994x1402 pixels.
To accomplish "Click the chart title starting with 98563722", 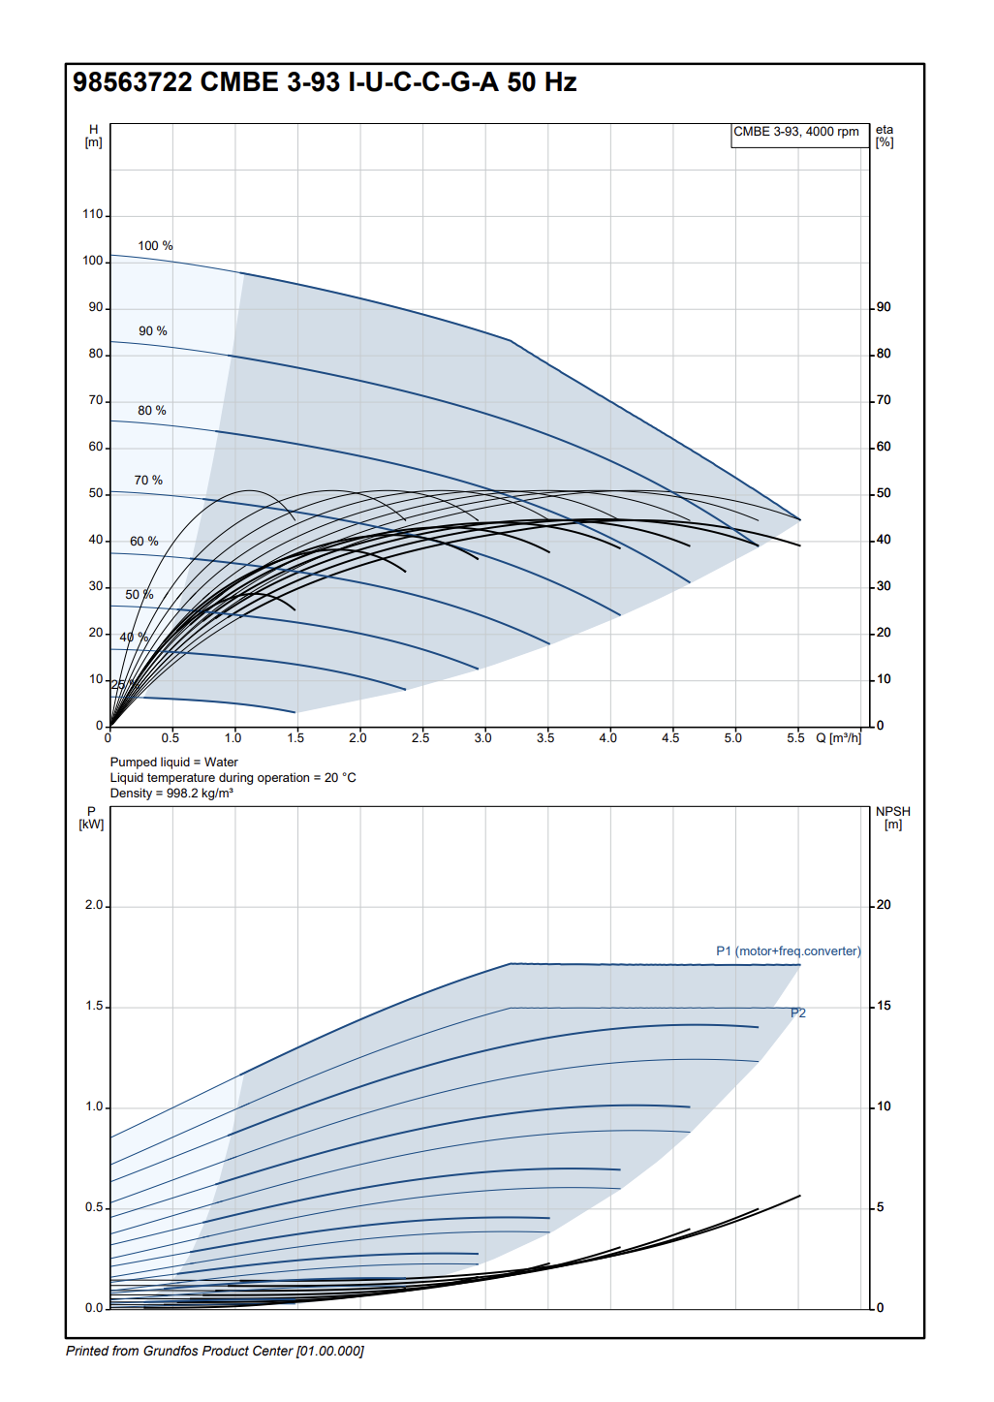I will coord(325,82).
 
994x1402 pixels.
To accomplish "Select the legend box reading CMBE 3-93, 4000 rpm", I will coord(795,133).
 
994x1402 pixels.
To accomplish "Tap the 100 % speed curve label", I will coord(155,246).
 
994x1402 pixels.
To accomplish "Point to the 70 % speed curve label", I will coord(148,481).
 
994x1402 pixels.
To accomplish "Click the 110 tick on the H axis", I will coord(93,215).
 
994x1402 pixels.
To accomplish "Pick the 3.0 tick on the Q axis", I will coord(482,738).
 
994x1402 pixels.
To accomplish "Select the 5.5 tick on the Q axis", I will coord(795,738).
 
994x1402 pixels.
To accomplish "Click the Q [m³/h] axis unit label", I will coord(839,738).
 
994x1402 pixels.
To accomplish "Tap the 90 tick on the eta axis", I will coord(884,308).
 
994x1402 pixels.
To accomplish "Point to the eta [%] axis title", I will coord(885,136).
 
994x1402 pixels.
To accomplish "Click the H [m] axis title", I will coord(93,136).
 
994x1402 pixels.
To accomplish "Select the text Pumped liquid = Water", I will coord(174,763).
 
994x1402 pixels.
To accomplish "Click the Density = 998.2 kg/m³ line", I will coord(171,794).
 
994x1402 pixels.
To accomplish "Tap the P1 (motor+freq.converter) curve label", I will coord(788,951).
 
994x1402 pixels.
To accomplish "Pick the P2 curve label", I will coord(798,1013).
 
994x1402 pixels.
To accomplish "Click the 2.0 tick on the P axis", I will coord(93,905).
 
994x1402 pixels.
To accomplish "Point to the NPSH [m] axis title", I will coord(892,818).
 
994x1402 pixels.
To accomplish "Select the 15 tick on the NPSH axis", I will coord(884,1006).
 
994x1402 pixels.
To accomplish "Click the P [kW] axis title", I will coord(91,818).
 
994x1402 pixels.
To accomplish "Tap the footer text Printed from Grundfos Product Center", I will coord(215,1352).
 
